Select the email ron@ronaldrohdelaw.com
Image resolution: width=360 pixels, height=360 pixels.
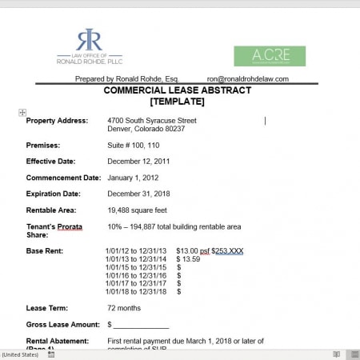[x=247, y=79]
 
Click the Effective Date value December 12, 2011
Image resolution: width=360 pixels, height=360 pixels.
[x=138, y=162]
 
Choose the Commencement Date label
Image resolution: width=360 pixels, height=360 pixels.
[x=63, y=178]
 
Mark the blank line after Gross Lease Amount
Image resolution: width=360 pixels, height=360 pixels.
[x=141, y=326]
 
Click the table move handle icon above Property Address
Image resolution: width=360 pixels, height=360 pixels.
[x=22, y=112]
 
